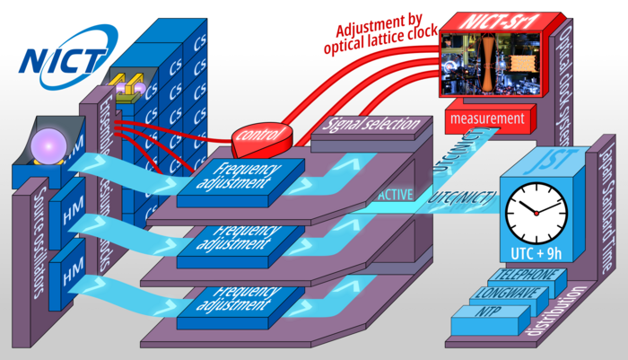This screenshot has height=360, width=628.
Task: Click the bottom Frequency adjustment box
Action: [230, 301]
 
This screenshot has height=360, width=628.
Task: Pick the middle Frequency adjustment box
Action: [230, 241]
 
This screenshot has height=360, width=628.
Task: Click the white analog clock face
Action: [536, 212]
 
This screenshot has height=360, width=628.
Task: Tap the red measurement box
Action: [486, 119]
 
